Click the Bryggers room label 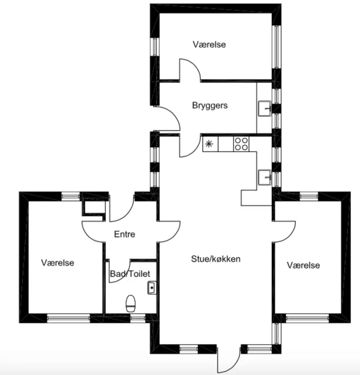(209, 105)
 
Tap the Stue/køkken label (216, 259)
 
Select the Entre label (125, 234)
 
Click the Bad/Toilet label (130, 274)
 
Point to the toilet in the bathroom (130, 303)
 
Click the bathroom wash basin (152, 288)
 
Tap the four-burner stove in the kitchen (241, 144)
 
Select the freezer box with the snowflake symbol (210, 144)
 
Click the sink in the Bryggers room (265, 108)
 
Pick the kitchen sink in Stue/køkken (265, 177)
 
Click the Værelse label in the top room (209, 45)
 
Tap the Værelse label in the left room (58, 263)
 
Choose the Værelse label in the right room (303, 265)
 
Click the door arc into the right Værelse (289, 236)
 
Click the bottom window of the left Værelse (69, 318)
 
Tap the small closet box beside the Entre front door (94, 207)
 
